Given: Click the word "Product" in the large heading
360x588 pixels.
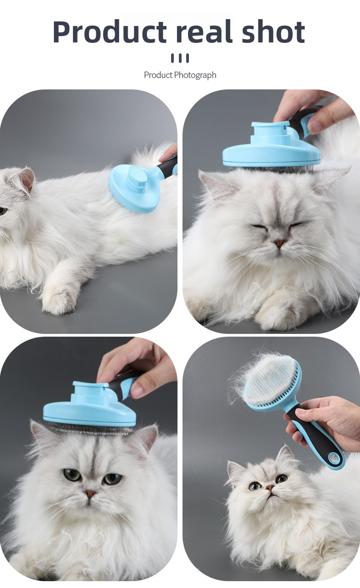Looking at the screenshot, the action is (x=110, y=32).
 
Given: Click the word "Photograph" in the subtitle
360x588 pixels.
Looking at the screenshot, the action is (x=195, y=75).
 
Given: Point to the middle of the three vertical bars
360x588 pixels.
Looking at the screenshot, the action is (x=180, y=58).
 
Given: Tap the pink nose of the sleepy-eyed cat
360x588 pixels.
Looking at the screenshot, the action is (x=279, y=243).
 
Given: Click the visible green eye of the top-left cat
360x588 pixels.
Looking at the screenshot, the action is (x=3, y=211).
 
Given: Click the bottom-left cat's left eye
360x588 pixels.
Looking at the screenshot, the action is (x=72, y=474).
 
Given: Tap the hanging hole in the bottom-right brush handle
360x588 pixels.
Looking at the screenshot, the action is (x=334, y=458).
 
